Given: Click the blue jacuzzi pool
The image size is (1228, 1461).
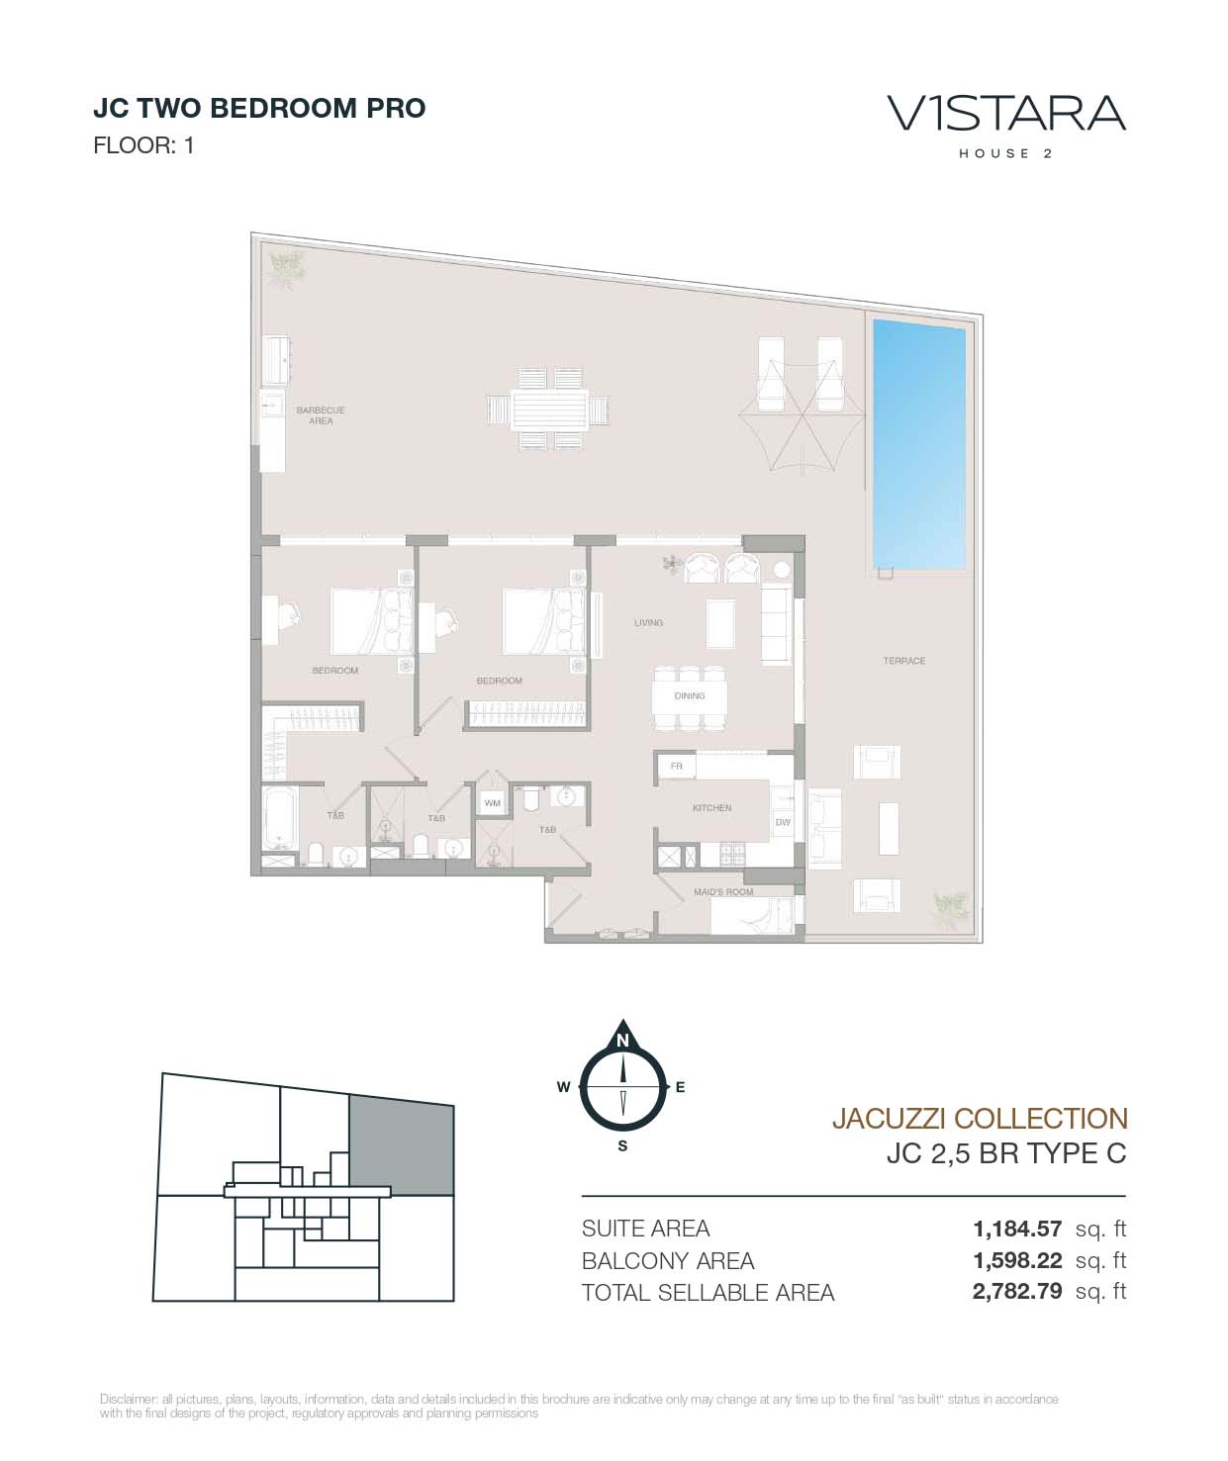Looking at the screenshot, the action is tap(918, 444).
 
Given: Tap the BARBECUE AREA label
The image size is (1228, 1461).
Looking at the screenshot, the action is tap(321, 414).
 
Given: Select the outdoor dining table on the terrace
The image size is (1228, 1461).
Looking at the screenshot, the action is tap(549, 410).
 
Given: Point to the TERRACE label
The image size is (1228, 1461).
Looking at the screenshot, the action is tap(903, 661).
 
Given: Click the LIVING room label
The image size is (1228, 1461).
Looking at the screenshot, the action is tap(648, 622).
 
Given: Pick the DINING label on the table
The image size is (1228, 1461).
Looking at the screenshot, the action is tap(690, 695).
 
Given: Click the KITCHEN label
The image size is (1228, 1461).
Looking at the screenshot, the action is tap(712, 807).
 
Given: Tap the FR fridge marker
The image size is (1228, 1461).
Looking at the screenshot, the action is tap(676, 767).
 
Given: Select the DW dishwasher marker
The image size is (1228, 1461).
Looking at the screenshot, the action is tap(783, 822).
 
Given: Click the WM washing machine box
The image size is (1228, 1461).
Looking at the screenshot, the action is tap(492, 802).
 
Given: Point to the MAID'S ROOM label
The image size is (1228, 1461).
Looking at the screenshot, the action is tap(723, 892).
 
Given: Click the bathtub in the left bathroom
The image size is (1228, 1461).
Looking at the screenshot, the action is tap(280, 818).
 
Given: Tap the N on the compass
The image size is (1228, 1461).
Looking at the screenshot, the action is tap(622, 1041).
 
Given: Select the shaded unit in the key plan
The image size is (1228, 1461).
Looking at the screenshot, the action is tap(401, 1144).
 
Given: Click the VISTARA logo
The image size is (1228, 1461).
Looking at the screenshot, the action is tap(1006, 114).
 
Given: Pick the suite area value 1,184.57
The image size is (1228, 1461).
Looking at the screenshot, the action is tap(1017, 1228).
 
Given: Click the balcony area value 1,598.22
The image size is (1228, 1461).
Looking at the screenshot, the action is tap(1017, 1260).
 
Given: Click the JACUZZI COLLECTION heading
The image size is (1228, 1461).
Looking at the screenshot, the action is tap(980, 1118).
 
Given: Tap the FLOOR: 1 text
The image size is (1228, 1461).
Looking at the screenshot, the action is tap(143, 145).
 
